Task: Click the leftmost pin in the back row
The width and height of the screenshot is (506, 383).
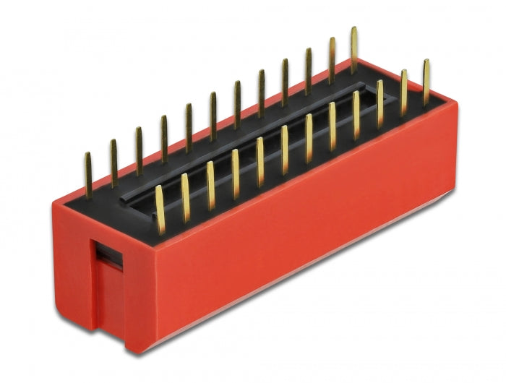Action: [87, 174]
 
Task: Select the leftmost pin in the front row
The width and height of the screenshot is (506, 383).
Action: [160, 210]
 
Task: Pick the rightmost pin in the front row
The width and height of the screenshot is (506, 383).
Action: [426, 82]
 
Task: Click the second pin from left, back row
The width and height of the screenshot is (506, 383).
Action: [113, 163]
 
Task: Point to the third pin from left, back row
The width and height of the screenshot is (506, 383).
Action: [139, 150]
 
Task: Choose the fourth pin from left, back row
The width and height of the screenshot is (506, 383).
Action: [164, 138]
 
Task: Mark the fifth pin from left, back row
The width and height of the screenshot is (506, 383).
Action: [189, 126]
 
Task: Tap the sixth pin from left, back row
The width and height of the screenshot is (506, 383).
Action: [213, 115]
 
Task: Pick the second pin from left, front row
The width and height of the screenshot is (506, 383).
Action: [185, 197]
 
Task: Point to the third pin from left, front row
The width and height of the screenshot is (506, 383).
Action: [210, 185]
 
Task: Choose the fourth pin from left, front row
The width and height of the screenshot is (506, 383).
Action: [235, 173]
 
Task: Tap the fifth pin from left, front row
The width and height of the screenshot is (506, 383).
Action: [260, 162]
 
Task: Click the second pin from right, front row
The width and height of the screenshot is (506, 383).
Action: [403, 92]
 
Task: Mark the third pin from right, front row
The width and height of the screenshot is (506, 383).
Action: [379, 103]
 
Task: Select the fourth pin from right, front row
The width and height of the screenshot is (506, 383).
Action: [356, 114]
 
